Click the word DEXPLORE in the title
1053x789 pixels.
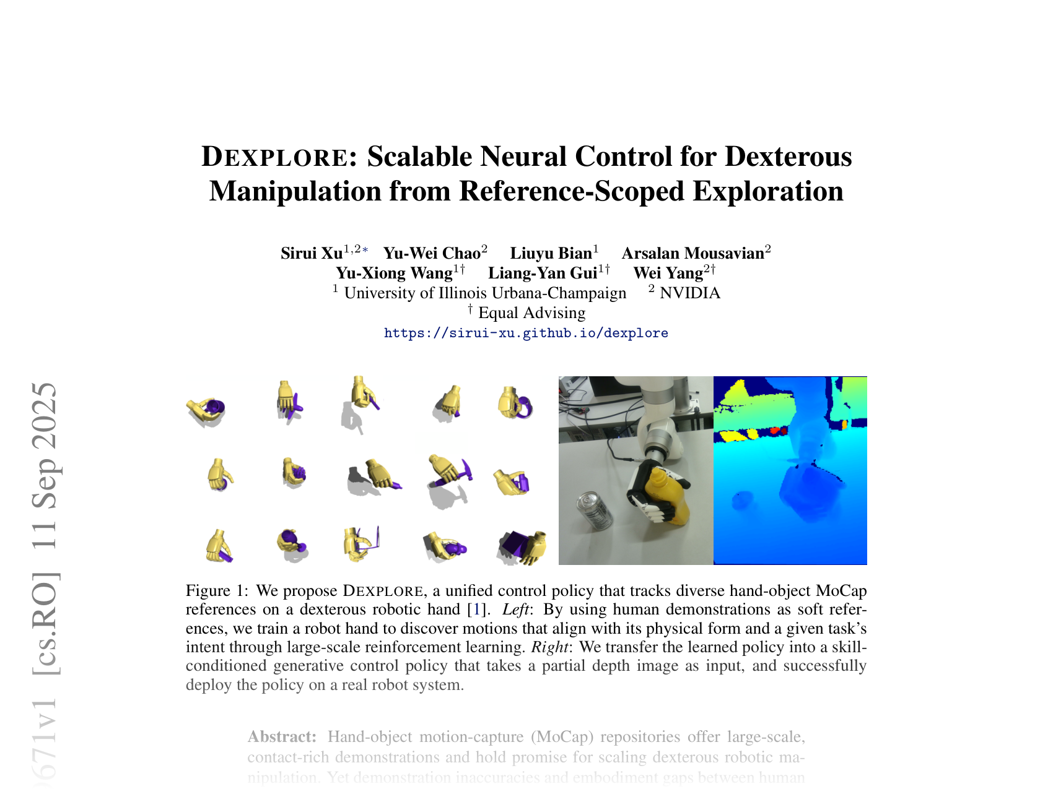point(275,157)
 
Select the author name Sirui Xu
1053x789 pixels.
point(311,253)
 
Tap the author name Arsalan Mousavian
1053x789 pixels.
point(693,253)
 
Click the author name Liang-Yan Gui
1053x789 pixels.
point(543,273)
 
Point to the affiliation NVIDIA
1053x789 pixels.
point(690,293)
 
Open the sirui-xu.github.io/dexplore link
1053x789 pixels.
point(526,333)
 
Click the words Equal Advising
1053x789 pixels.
point(531,313)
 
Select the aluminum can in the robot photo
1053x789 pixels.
point(595,511)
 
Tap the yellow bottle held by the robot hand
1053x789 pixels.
point(669,495)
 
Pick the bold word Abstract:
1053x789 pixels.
point(282,737)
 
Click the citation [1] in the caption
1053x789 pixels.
point(476,609)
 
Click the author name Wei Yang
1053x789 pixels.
point(668,273)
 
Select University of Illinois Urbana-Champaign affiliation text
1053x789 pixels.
point(485,293)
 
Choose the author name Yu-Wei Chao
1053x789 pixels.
point(432,253)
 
